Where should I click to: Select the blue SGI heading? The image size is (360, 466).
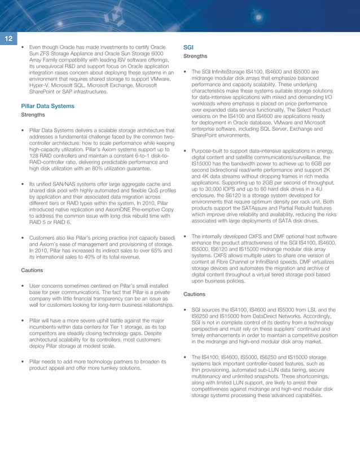190,47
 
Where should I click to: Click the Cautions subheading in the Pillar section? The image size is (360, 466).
33,271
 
